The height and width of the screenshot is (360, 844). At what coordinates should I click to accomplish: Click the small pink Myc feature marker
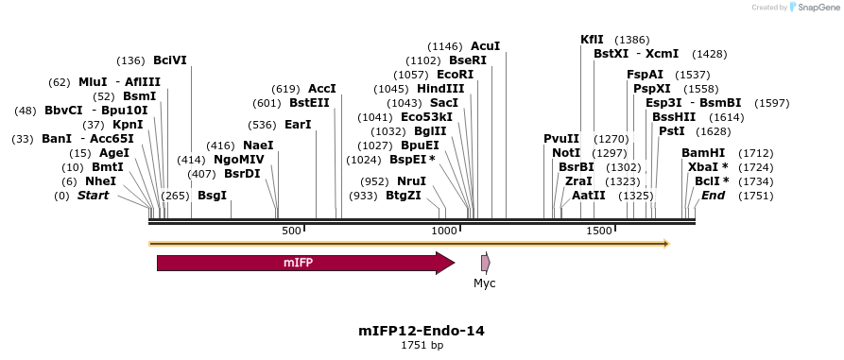pyautogui.click(x=485, y=264)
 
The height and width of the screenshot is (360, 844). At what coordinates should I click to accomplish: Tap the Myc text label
pyautogui.click(x=485, y=283)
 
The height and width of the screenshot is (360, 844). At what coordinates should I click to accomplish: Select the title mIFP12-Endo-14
pyautogui.click(x=422, y=331)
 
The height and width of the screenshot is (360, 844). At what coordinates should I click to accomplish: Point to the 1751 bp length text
pyautogui.click(x=422, y=346)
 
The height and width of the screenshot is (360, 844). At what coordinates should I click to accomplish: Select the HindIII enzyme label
pyautogui.click(x=439, y=89)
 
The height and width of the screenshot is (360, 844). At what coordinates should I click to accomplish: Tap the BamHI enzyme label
pyautogui.click(x=703, y=153)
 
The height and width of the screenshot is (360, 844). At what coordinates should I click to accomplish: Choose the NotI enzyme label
pyautogui.click(x=566, y=153)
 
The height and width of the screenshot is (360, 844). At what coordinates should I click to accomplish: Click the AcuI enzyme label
pyautogui.click(x=485, y=46)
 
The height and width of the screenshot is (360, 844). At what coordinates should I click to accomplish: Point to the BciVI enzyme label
pyautogui.click(x=170, y=60)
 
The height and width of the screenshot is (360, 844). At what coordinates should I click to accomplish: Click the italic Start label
pyautogui.click(x=93, y=196)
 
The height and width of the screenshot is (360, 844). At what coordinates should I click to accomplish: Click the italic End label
pyautogui.click(x=713, y=196)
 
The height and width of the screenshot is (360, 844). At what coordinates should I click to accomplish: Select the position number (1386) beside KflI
pyautogui.click(x=631, y=40)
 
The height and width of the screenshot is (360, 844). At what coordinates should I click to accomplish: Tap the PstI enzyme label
pyautogui.click(x=671, y=131)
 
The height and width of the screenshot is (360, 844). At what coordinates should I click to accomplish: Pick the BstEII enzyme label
pyautogui.click(x=309, y=103)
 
